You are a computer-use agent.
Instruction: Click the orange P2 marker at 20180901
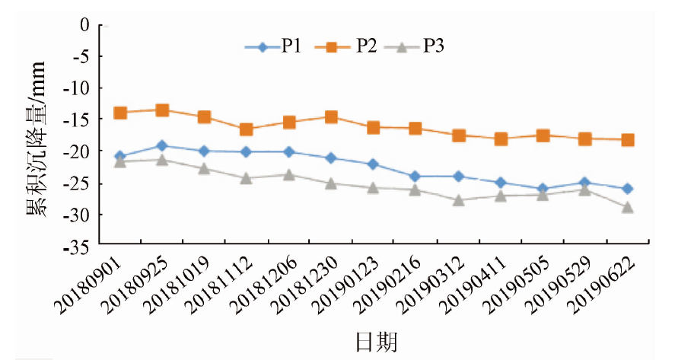click(119, 113)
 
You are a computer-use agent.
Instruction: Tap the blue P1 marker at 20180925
click(161, 145)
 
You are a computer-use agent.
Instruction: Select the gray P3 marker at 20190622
click(628, 207)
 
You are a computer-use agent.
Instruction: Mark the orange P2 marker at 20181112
click(247, 129)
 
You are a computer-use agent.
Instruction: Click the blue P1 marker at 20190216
click(415, 177)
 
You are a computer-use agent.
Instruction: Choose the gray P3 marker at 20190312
click(458, 200)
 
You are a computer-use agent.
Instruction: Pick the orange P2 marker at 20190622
click(628, 140)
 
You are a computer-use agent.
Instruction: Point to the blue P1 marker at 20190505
click(543, 189)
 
